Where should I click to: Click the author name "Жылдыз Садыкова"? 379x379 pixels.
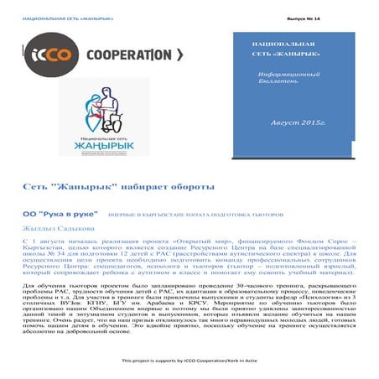click(58, 227)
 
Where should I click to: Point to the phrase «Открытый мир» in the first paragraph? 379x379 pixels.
click(193, 241)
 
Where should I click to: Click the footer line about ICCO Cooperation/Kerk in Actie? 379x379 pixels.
click(189, 361)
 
